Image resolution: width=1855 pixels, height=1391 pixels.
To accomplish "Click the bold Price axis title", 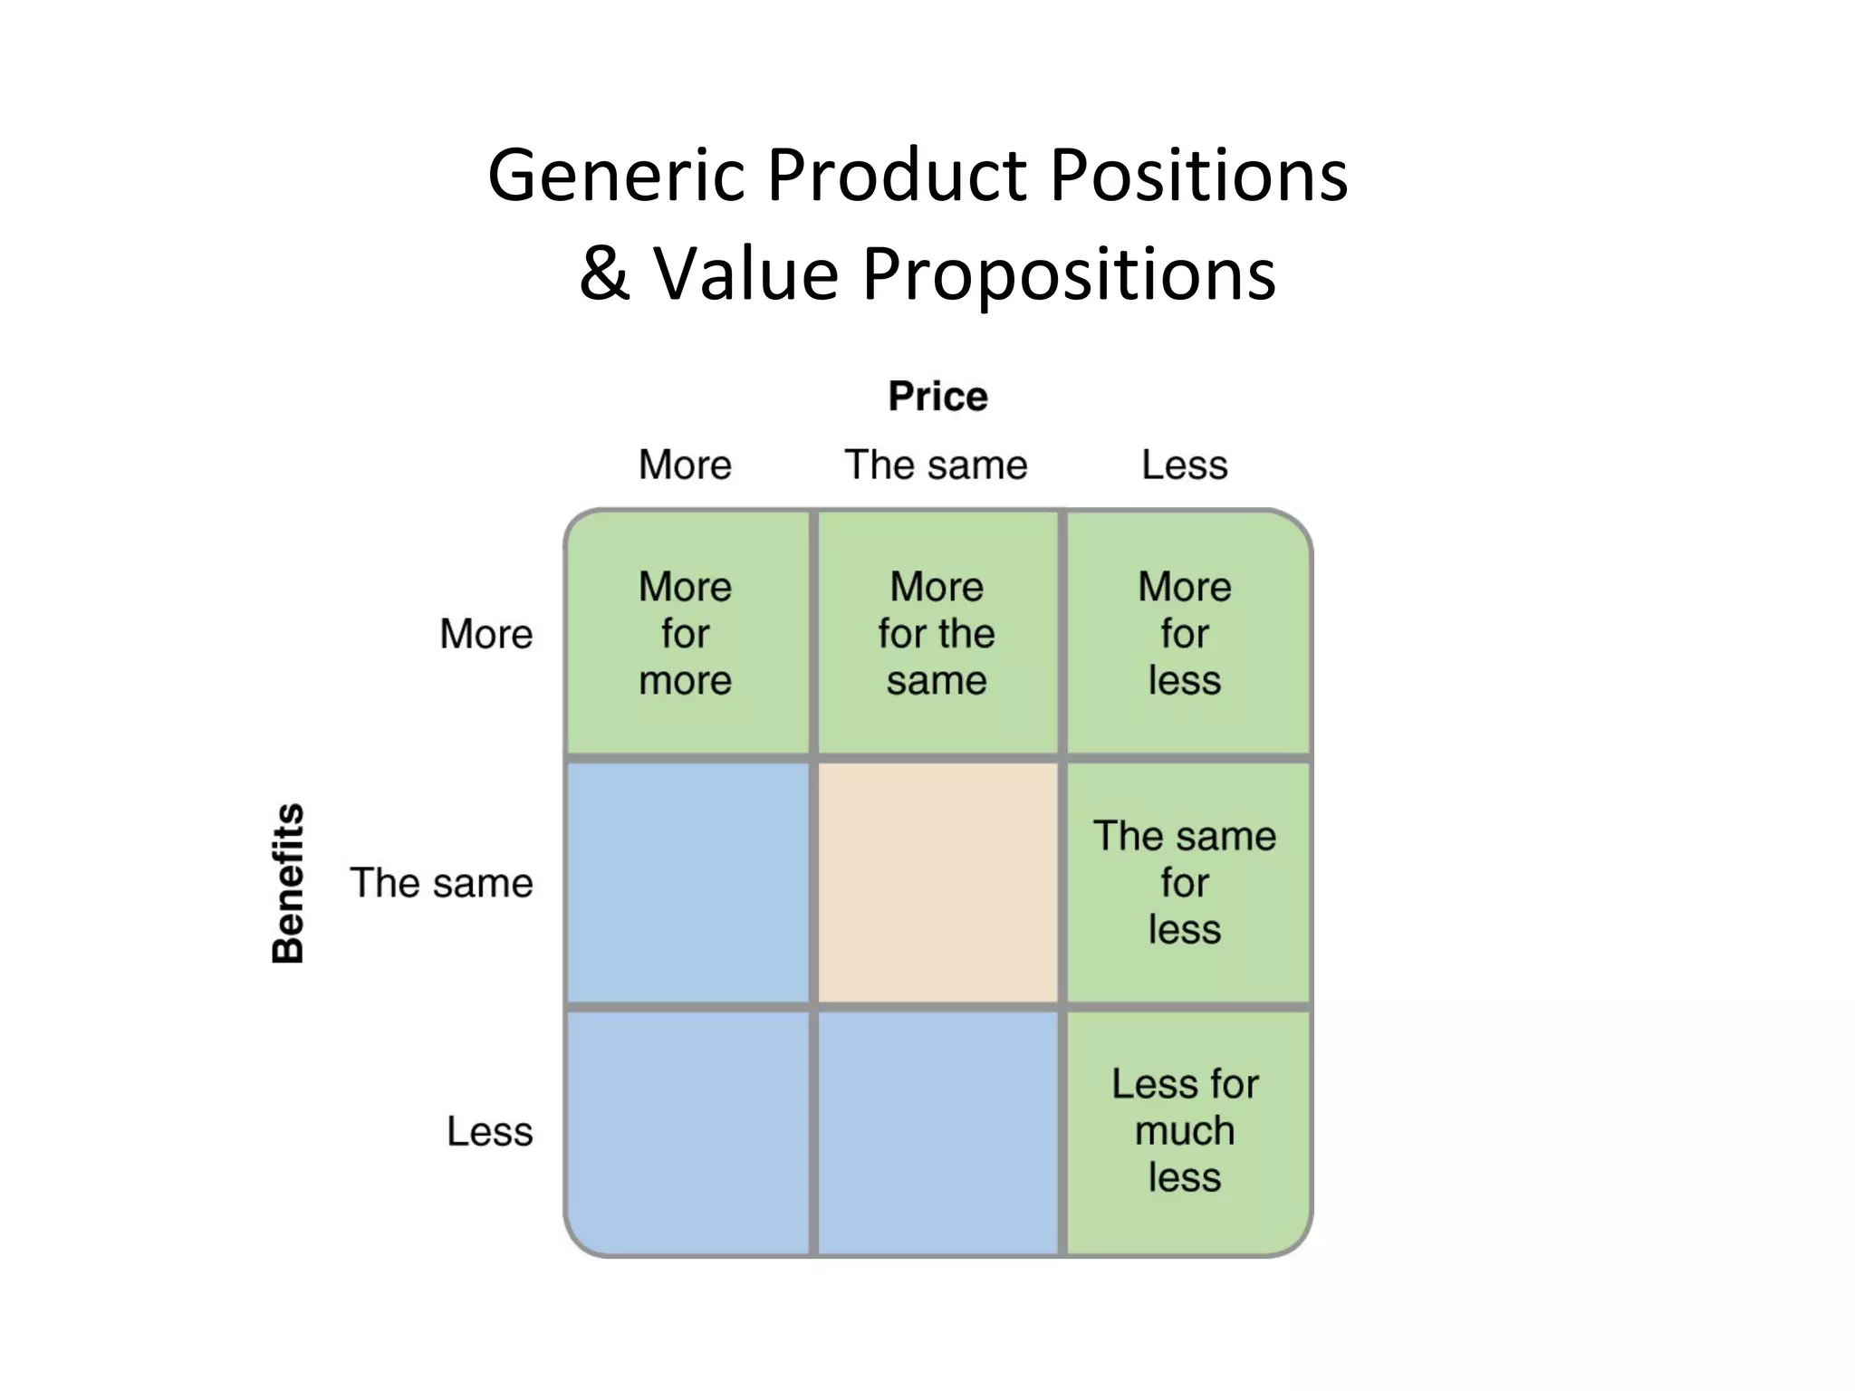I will click(937, 397).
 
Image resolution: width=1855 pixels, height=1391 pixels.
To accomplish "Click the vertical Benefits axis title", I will click(288, 883).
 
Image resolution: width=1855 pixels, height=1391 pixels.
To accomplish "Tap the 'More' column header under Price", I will click(685, 465).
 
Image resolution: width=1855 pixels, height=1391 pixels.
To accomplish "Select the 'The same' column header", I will click(936, 465).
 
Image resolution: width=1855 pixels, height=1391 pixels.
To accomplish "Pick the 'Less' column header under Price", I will click(1184, 465).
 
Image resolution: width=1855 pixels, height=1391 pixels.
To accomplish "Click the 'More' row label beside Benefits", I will click(486, 634).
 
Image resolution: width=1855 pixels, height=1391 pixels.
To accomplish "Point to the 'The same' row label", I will click(442, 883).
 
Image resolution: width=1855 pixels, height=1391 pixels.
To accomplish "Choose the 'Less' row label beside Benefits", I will click(489, 1131).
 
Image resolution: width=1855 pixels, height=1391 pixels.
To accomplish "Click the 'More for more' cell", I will click(686, 633).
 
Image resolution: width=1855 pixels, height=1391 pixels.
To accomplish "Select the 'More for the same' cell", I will click(937, 633).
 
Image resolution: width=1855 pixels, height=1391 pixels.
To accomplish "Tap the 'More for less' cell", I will click(1185, 633).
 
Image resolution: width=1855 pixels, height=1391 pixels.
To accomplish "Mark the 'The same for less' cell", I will click(1185, 883).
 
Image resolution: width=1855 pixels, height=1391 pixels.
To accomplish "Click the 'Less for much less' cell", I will click(1185, 1131).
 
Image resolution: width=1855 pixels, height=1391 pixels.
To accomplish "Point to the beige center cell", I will click(937, 883).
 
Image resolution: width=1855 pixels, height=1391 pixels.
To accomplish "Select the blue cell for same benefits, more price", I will click(687, 883).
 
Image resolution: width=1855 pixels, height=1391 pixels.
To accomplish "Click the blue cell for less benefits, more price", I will click(687, 1131).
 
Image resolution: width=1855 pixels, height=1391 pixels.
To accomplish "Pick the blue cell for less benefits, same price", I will click(937, 1131).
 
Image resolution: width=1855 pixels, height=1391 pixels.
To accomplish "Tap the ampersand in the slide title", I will click(605, 273).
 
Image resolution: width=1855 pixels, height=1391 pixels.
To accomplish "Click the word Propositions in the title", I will click(1069, 274).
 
